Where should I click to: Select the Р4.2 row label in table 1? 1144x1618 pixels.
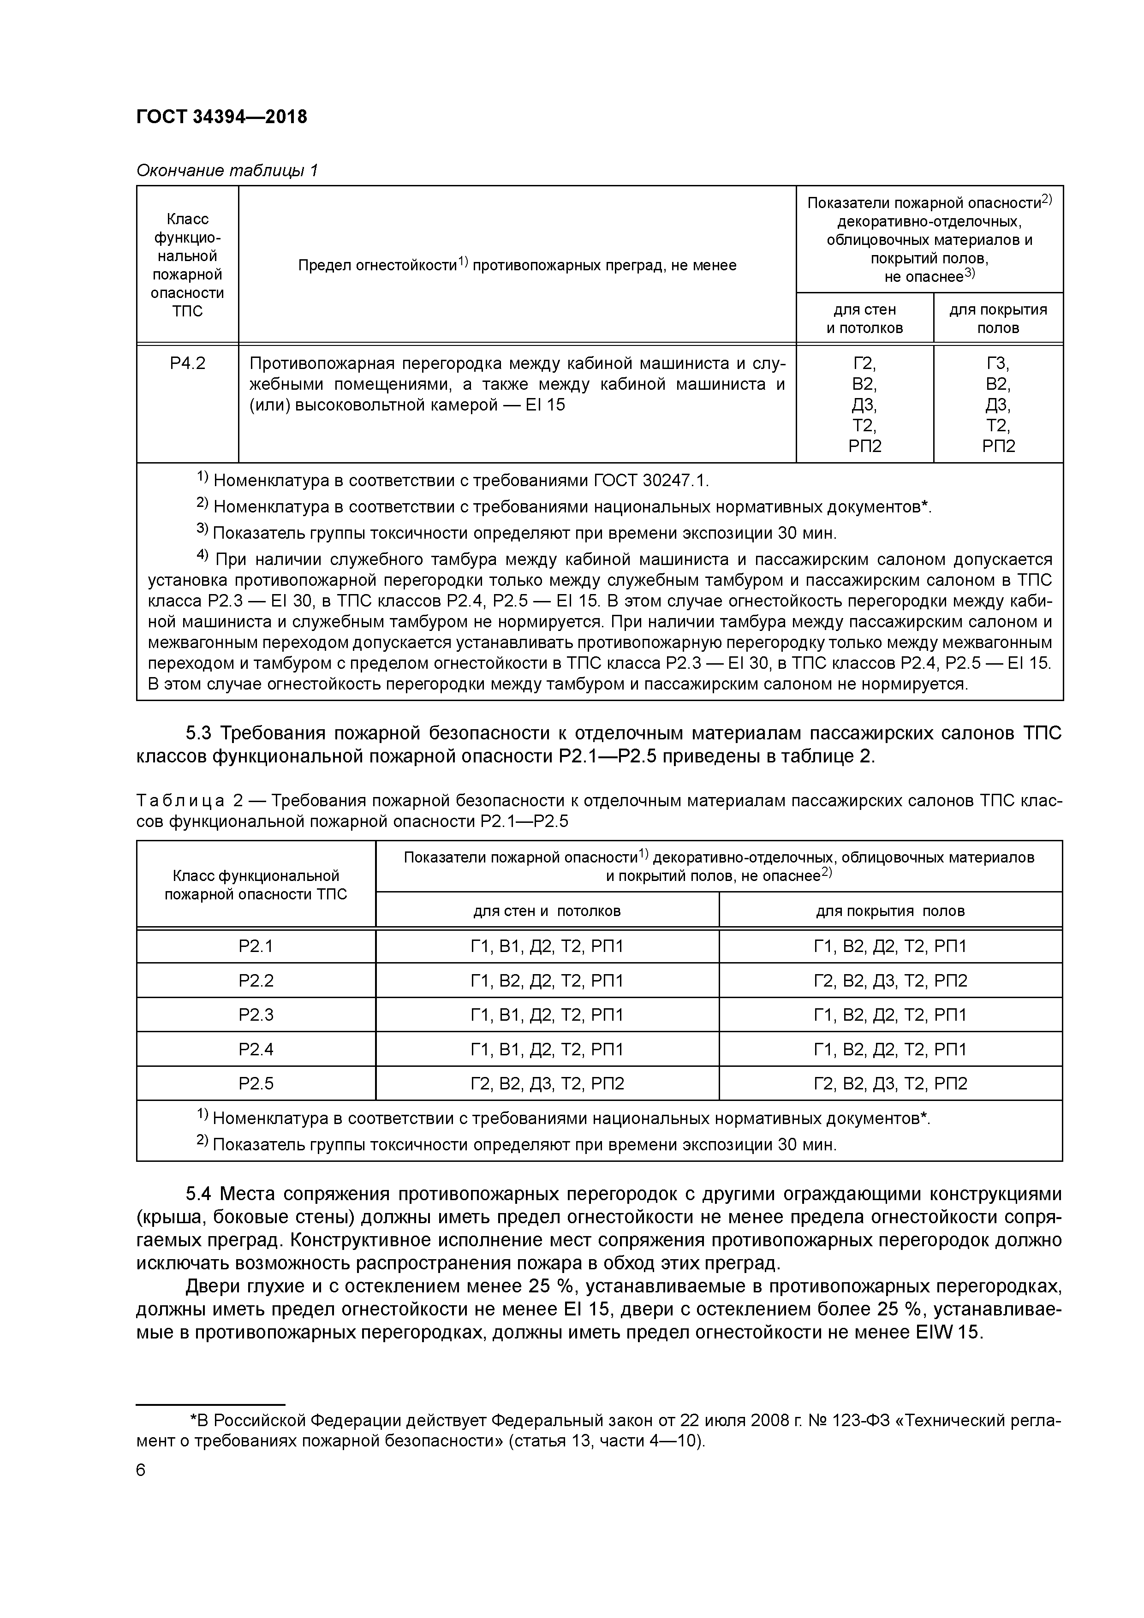(x=187, y=363)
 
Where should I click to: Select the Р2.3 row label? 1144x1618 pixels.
(x=256, y=1014)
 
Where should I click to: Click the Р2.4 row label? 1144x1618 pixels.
(x=256, y=1049)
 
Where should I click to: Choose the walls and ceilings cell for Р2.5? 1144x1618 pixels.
(x=547, y=1083)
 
